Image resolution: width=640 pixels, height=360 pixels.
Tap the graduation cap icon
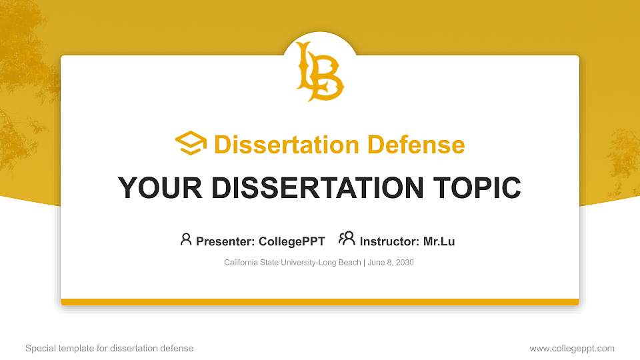tap(191, 143)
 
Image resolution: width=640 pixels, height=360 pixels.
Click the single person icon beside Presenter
tap(186, 239)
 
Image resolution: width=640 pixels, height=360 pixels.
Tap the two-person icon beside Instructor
tap(347, 239)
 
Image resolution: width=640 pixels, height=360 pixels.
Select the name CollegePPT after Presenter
tap(291, 241)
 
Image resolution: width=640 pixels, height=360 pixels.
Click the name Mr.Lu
tap(439, 241)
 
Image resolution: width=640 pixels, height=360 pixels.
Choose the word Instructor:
tap(389, 241)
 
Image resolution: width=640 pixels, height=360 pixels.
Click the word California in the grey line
tap(241, 263)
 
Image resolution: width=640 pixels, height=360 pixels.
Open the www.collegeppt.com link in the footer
tap(572, 348)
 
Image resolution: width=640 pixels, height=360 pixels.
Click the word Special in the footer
tap(39, 348)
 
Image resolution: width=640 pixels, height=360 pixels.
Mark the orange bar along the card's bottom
tap(320, 302)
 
